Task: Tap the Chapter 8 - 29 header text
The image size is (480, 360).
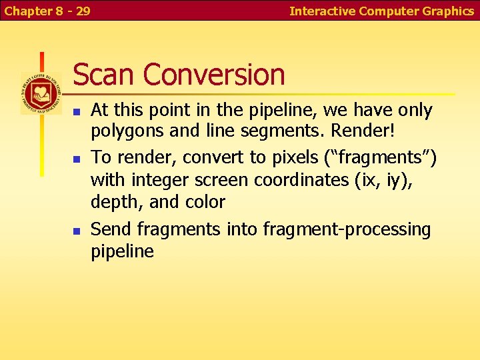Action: click(47, 11)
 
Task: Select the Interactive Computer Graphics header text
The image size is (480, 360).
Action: click(381, 11)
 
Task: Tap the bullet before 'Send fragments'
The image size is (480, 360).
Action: click(77, 231)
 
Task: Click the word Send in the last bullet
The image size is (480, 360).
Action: click(111, 229)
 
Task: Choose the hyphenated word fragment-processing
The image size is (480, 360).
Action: click(347, 230)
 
